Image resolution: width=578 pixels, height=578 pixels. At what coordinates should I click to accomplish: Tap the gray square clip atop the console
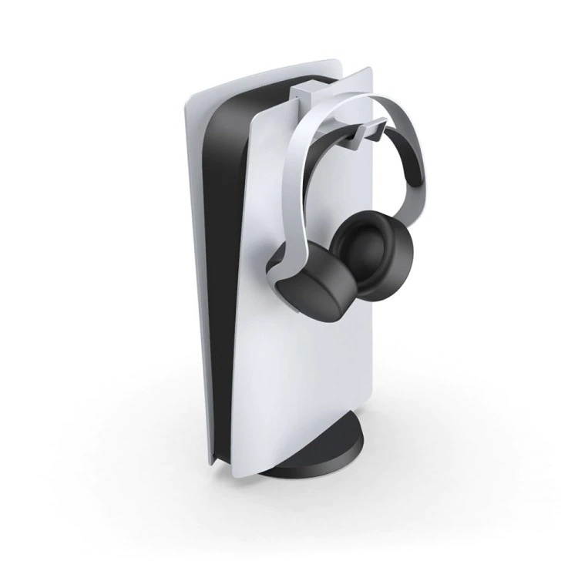click(x=307, y=92)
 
